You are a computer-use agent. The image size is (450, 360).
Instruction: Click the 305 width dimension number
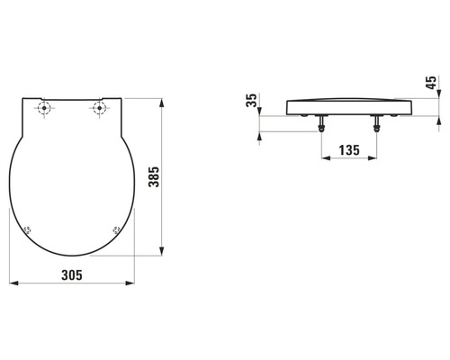[x=72, y=275]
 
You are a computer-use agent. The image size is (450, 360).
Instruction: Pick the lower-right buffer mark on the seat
[x=116, y=229]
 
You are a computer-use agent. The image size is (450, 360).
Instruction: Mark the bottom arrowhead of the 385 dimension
[x=162, y=253]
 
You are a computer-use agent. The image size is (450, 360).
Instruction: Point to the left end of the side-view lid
[x=287, y=106]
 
